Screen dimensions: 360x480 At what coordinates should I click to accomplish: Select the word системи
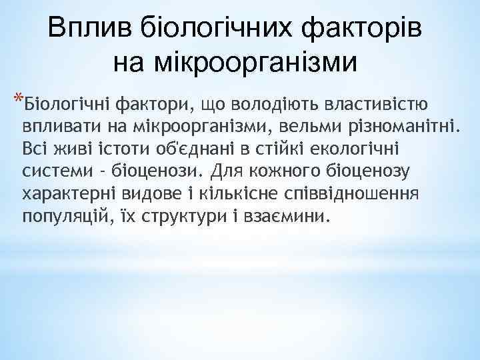pyautogui.click(x=57, y=171)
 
